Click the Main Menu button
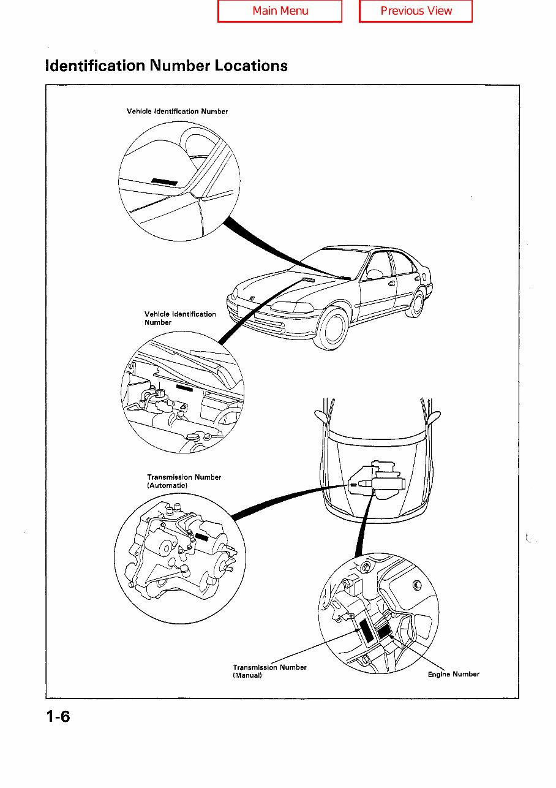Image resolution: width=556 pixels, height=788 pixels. click(x=280, y=11)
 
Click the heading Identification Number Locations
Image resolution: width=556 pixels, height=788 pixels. click(x=167, y=66)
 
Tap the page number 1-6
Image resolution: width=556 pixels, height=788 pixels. click(x=58, y=716)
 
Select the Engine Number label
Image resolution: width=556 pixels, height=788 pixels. click(x=453, y=674)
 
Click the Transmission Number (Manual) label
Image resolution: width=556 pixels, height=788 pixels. click(x=269, y=671)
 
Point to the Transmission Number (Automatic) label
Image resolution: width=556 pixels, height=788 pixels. click(x=184, y=481)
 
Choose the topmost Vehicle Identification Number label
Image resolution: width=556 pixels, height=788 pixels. click(x=177, y=112)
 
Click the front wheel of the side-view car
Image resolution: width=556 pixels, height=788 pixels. click(x=333, y=329)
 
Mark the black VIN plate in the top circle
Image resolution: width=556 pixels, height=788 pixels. click(x=165, y=181)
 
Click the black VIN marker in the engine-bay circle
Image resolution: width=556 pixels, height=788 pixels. click(x=185, y=387)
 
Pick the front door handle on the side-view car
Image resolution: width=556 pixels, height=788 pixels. click(x=392, y=283)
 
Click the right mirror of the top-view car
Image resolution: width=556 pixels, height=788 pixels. click(x=436, y=418)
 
